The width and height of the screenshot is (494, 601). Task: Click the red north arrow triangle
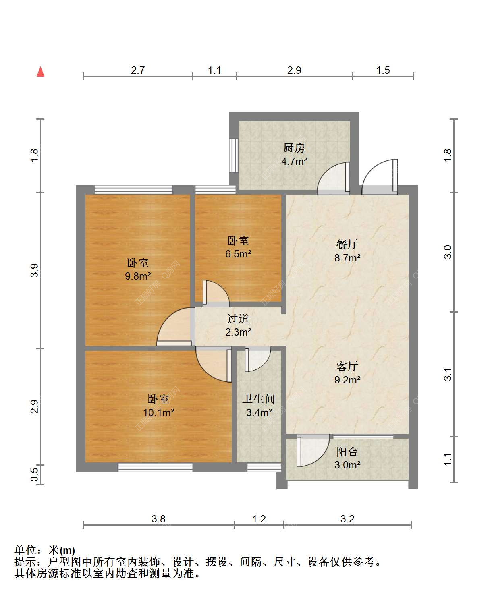point(40,72)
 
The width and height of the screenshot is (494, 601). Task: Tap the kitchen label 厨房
point(294,148)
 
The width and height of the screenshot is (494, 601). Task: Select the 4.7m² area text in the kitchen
point(294,161)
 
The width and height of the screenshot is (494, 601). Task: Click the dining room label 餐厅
point(347,244)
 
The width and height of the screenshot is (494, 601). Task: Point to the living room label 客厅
point(347,367)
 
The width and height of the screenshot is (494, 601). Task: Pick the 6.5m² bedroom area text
point(238,254)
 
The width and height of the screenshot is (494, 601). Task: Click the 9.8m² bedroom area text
point(138,276)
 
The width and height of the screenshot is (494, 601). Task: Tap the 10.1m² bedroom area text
point(158,412)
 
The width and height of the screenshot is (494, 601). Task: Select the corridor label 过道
point(238,319)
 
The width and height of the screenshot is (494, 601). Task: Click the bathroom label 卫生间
point(259,399)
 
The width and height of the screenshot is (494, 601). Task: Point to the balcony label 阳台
point(347,452)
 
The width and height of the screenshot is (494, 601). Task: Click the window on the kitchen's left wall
point(233,155)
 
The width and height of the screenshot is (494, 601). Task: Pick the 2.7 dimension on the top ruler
point(138,70)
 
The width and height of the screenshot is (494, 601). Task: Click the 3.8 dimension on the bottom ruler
point(158,519)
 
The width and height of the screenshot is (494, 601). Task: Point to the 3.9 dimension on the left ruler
point(34,270)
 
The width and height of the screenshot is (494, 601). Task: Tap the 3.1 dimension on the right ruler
point(448,374)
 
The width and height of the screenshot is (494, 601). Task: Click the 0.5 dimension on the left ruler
point(34,475)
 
